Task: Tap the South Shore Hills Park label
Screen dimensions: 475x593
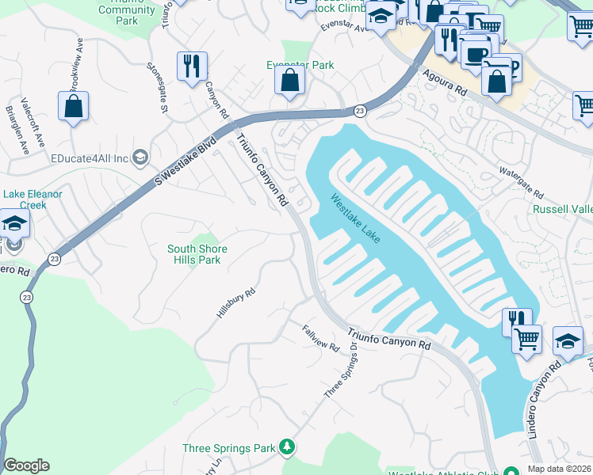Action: [197, 254]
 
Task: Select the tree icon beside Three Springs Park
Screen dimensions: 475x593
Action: [287, 448]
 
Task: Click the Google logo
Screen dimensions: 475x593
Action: [26, 465]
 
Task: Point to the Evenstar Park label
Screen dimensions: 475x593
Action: [300, 66]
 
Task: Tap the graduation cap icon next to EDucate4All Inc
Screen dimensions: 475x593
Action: [141, 158]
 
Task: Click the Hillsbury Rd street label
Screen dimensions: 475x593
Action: [235, 303]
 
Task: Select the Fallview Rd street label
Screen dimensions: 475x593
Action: [320, 338]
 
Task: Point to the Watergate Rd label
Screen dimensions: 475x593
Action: [520, 183]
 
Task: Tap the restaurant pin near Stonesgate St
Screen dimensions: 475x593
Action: [192, 67]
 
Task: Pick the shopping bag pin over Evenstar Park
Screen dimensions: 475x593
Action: [291, 81]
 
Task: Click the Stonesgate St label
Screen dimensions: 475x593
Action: [154, 87]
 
